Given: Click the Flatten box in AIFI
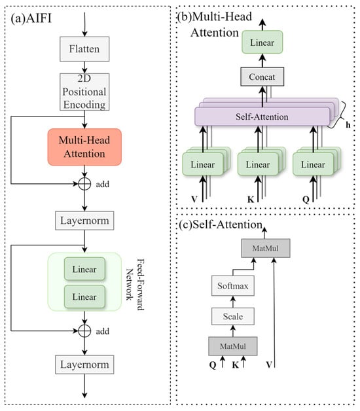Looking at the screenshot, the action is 84,49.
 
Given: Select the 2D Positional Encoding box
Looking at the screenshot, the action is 84,92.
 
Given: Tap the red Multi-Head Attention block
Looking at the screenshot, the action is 84,147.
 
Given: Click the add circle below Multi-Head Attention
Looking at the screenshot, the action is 84,184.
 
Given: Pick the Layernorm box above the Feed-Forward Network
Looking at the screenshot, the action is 84,221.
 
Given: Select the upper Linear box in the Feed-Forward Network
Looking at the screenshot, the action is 84,269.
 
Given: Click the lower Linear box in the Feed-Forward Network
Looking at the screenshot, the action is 84,296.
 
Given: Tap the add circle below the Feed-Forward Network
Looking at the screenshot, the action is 84,331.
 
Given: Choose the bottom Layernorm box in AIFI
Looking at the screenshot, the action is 84,365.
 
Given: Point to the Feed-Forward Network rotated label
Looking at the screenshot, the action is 135,285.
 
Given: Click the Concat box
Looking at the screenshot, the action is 262,77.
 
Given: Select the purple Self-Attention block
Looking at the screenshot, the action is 262,116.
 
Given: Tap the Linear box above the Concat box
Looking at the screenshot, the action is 262,42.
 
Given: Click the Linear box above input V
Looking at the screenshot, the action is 203,164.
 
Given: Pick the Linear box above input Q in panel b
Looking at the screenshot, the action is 313,164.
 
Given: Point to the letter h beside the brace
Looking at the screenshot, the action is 348,125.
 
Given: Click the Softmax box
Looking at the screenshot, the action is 233,286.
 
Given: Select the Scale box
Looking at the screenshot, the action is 233,316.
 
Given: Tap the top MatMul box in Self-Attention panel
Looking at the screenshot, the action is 266,248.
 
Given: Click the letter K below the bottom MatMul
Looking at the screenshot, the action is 235,365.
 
